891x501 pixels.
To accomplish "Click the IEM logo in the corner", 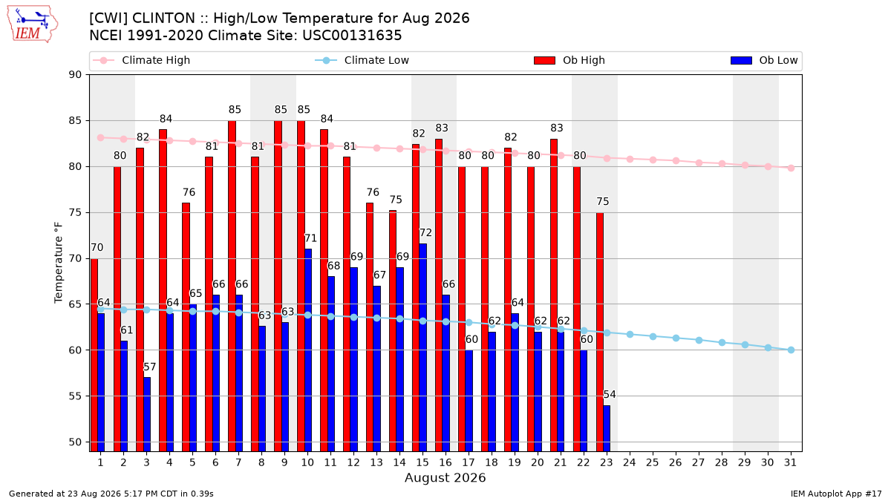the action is (x=32, y=24).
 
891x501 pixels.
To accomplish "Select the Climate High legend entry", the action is (x=141, y=60).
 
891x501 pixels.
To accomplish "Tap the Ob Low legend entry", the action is (x=764, y=60).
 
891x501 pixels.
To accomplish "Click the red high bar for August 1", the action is (x=94, y=355).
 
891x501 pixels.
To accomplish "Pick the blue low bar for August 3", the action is (x=147, y=414).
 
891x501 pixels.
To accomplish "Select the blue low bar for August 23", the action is (x=607, y=428).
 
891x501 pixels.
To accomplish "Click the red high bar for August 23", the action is (x=600, y=332).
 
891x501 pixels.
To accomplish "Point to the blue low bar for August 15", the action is (x=422, y=347).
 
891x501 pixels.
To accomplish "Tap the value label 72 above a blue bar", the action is (x=425, y=232).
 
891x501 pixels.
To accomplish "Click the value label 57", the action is (x=150, y=367).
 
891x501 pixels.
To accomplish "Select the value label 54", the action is (x=610, y=394).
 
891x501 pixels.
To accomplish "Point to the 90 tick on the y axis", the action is (x=75, y=75).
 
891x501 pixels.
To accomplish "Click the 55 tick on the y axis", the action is (x=75, y=396).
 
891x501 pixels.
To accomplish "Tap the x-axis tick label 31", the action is (x=790, y=462).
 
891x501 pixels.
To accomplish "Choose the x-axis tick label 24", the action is (x=630, y=462).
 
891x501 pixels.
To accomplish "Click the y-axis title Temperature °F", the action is (x=59, y=263).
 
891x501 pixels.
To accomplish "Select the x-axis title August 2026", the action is (x=445, y=477).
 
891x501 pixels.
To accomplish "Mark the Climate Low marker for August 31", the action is (x=791, y=350).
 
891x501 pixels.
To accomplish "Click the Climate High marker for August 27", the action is (x=699, y=163).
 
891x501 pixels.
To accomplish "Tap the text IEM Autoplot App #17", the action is (x=836, y=494).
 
